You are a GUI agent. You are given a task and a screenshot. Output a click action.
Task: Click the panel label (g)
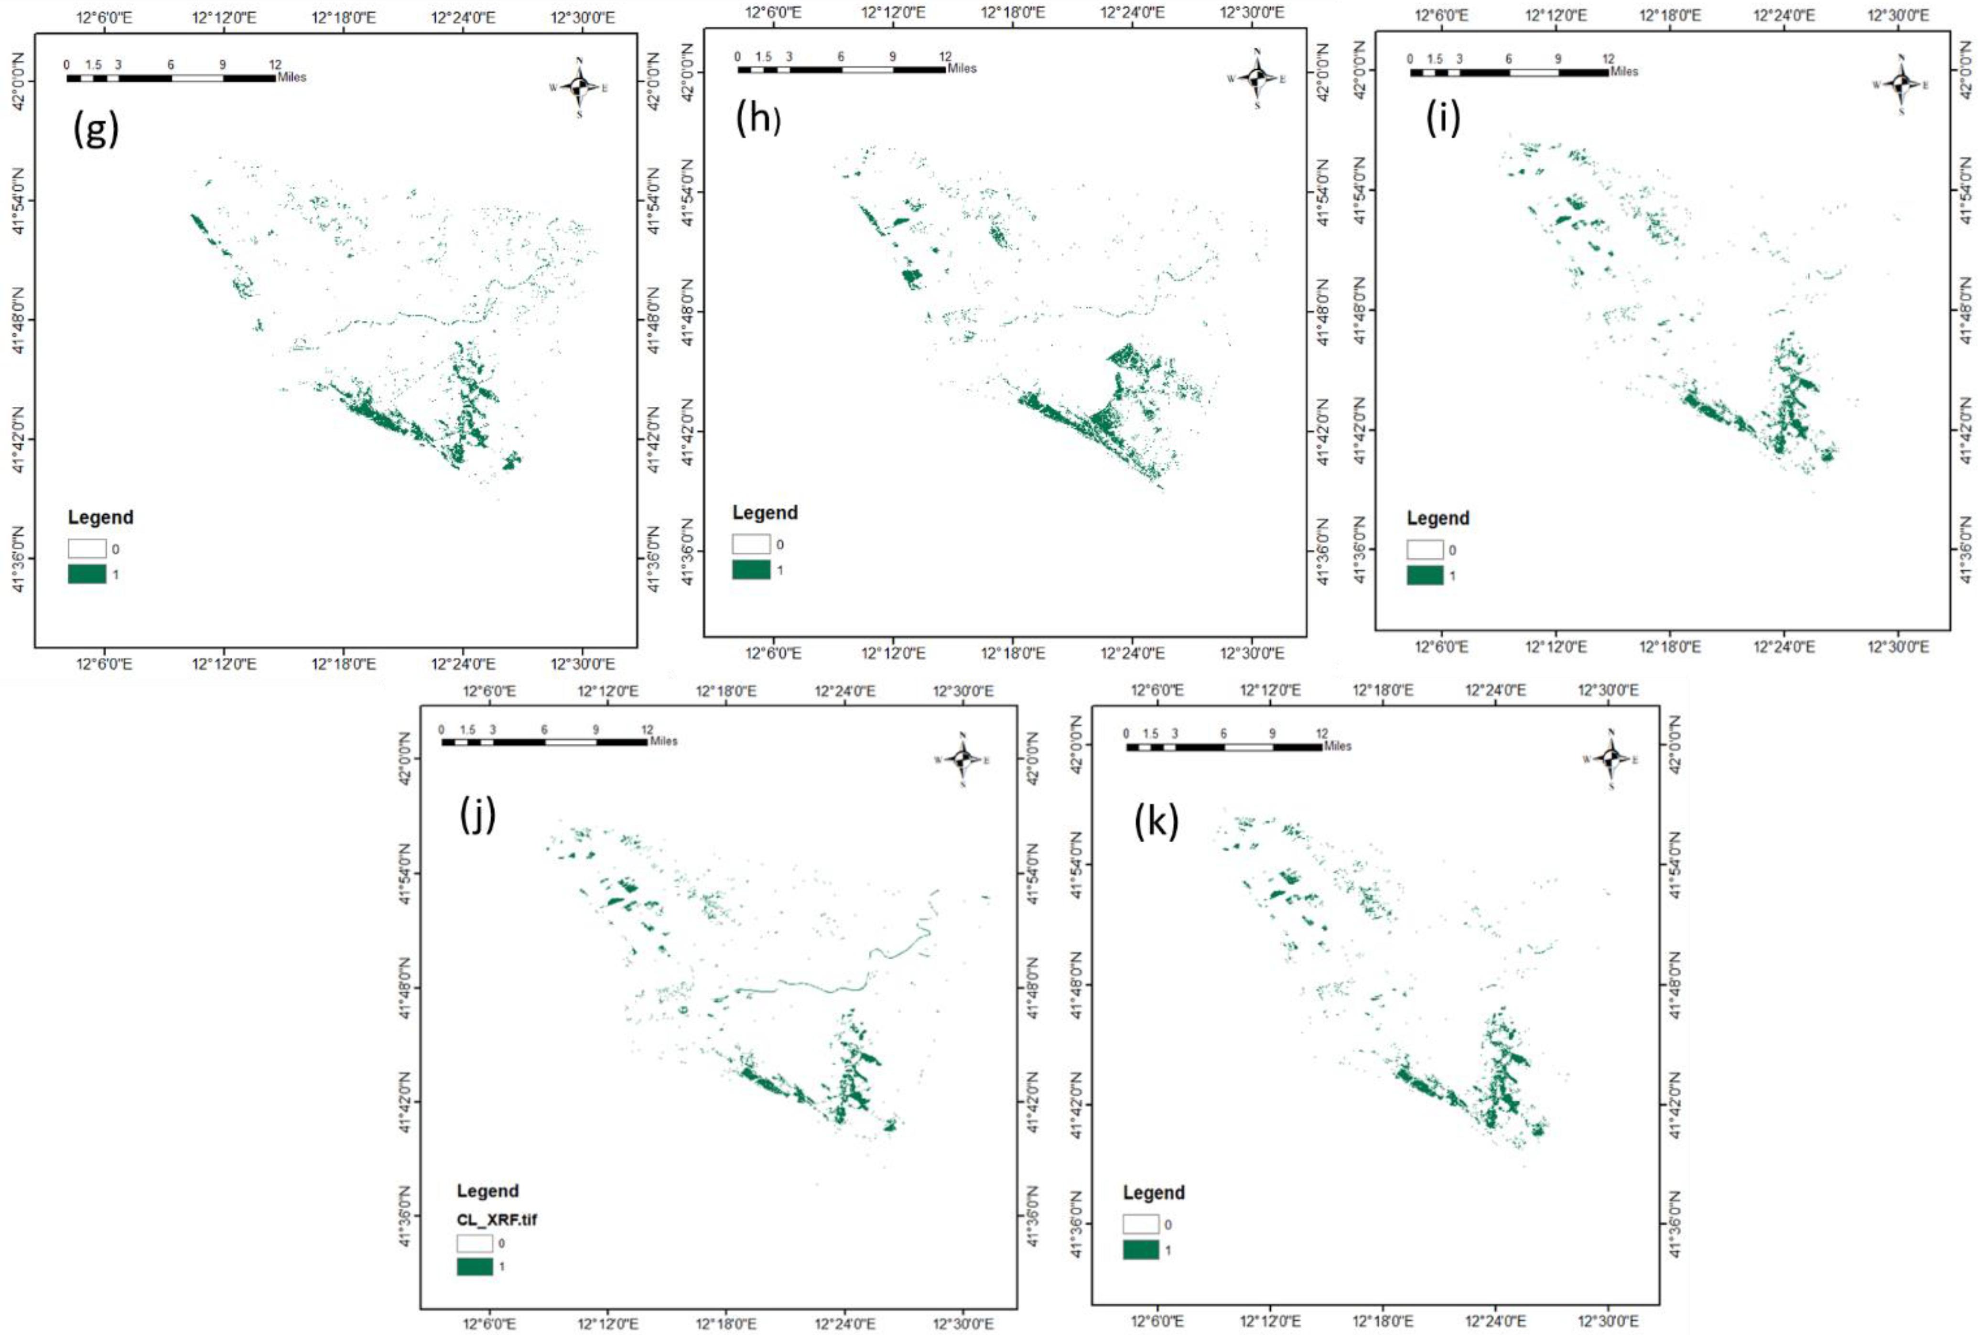(x=96, y=130)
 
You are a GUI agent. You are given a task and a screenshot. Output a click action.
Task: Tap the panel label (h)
(x=757, y=120)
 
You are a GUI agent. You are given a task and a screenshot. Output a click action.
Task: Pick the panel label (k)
(x=1157, y=823)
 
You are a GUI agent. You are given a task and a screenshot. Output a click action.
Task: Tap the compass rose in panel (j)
(x=962, y=756)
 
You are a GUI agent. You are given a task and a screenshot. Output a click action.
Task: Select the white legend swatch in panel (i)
(x=1425, y=549)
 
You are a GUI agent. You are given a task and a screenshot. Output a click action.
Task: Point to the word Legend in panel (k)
(x=1153, y=1193)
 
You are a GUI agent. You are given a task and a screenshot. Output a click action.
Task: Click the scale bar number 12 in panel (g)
(x=275, y=64)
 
